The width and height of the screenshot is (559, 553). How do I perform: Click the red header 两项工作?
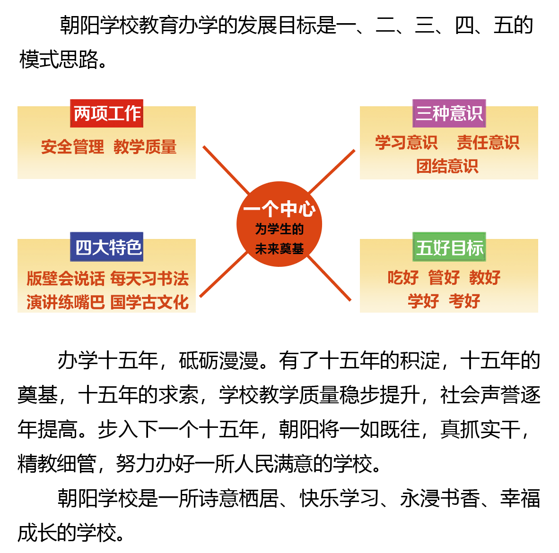(x=107, y=113)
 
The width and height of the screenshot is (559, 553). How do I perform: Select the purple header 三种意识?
(x=449, y=113)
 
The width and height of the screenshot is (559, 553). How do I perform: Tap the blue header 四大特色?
(x=107, y=247)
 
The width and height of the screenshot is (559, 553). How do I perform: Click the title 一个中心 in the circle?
(x=279, y=209)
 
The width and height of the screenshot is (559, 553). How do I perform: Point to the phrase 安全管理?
(x=72, y=147)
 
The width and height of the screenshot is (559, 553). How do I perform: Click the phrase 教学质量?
(x=145, y=147)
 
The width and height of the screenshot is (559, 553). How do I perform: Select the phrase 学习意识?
(x=406, y=142)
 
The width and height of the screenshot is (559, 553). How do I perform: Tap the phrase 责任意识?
(x=488, y=142)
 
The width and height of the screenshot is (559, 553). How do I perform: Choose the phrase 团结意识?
(x=447, y=166)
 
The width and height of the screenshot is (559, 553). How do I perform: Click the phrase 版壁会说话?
(x=65, y=279)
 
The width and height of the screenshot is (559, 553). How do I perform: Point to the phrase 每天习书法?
(x=149, y=279)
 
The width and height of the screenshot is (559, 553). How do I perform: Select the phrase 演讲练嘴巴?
(x=65, y=302)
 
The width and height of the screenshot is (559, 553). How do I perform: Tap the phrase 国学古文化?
(x=149, y=302)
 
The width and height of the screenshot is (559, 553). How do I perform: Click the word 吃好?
(x=403, y=277)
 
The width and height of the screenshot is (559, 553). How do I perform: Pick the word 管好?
(x=444, y=277)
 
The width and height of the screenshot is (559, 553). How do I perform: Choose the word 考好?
(x=464, y=301)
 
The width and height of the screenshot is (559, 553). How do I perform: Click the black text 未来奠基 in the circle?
(x=279, y=248)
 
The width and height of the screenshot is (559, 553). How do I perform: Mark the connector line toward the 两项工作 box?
(x=226, y=170)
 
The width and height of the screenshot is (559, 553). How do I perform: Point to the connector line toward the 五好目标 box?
(x=329, y=279)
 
